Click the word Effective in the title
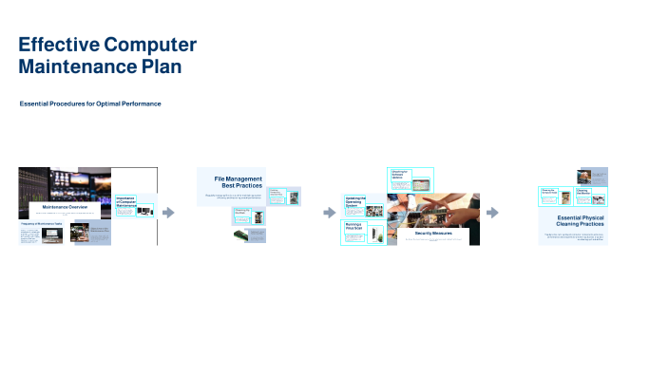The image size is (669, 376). (x=58, y=45)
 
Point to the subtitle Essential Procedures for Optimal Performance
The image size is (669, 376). (x=90, y=103)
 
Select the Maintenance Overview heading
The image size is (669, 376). (x=66, y=206)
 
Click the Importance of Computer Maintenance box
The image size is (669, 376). (x=125, y=201)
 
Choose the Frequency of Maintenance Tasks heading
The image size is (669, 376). (x=41, y=224)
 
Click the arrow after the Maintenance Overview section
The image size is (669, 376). (x=169, y=213)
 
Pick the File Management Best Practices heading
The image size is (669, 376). (x=238, y=181)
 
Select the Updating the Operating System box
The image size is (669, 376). (x=354, y=202)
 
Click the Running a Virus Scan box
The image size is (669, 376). (x=354, y=227)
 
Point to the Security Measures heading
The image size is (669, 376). (x=433, y=233)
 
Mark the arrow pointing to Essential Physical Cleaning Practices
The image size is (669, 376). (x=492, y=213)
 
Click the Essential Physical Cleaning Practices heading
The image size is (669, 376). (x=580, y=221)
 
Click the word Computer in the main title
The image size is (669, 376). (x=149, y=45)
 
